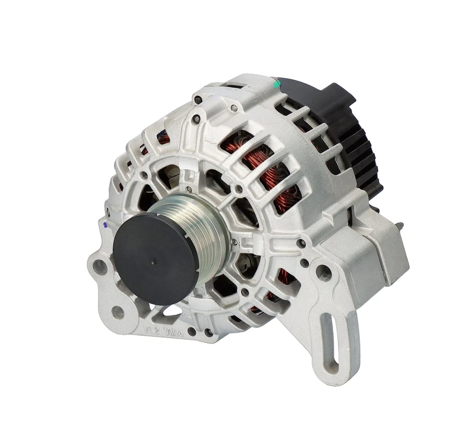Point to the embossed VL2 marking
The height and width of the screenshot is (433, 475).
pos(149,328)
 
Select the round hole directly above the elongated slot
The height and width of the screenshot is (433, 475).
pos(324,273)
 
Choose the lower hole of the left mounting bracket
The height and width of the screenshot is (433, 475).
pos(117,311)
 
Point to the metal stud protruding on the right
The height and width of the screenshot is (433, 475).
pos(399,226)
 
